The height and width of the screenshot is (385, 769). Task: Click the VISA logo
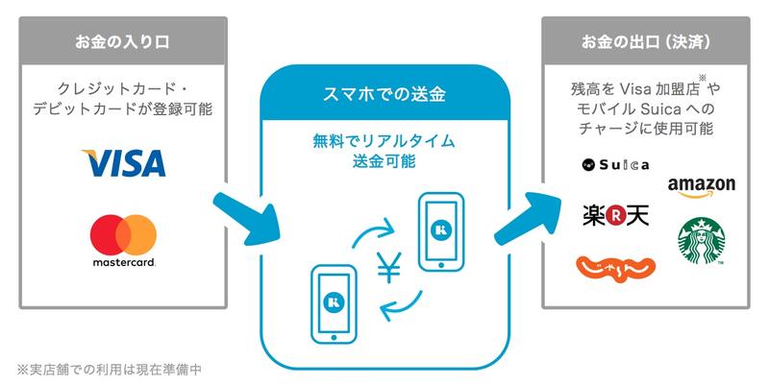(x=123, y=163)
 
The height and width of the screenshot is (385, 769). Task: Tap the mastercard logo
(x=123, y=241)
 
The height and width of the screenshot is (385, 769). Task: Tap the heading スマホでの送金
(x=389, y=95)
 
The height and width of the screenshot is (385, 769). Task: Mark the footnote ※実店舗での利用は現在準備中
(x=112, y=368)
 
